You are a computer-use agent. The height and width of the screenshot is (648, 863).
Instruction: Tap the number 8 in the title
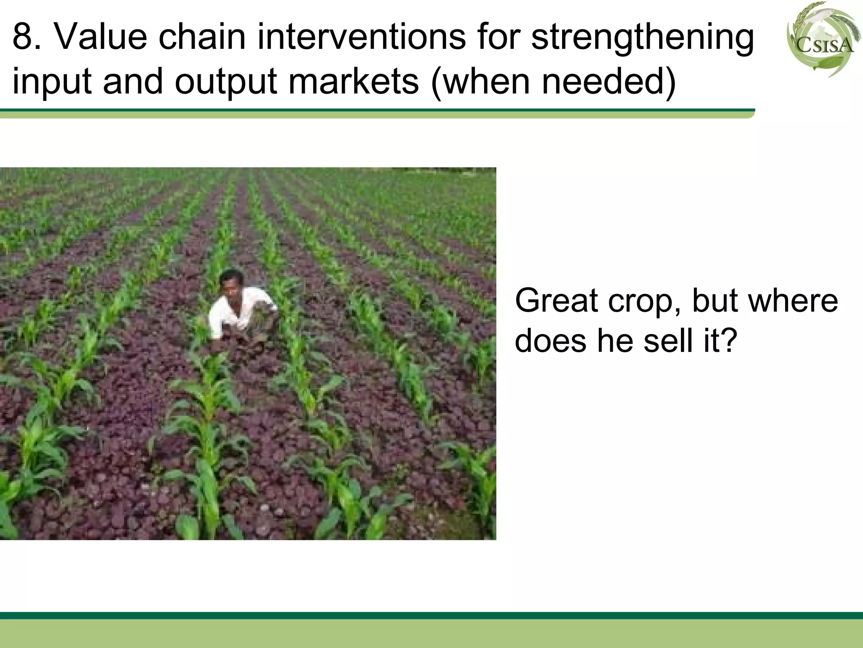[22, 37]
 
